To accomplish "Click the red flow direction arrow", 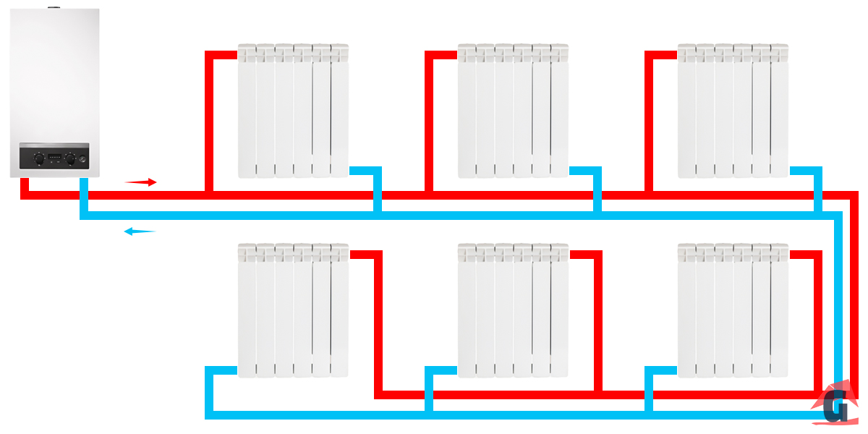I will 141,182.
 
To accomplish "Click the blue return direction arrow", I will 140,231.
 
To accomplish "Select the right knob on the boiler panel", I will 70,160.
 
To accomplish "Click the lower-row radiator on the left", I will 294,310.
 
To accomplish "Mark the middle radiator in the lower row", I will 514,310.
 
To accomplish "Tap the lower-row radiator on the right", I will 733,310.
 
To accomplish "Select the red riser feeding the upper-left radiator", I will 209,123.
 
